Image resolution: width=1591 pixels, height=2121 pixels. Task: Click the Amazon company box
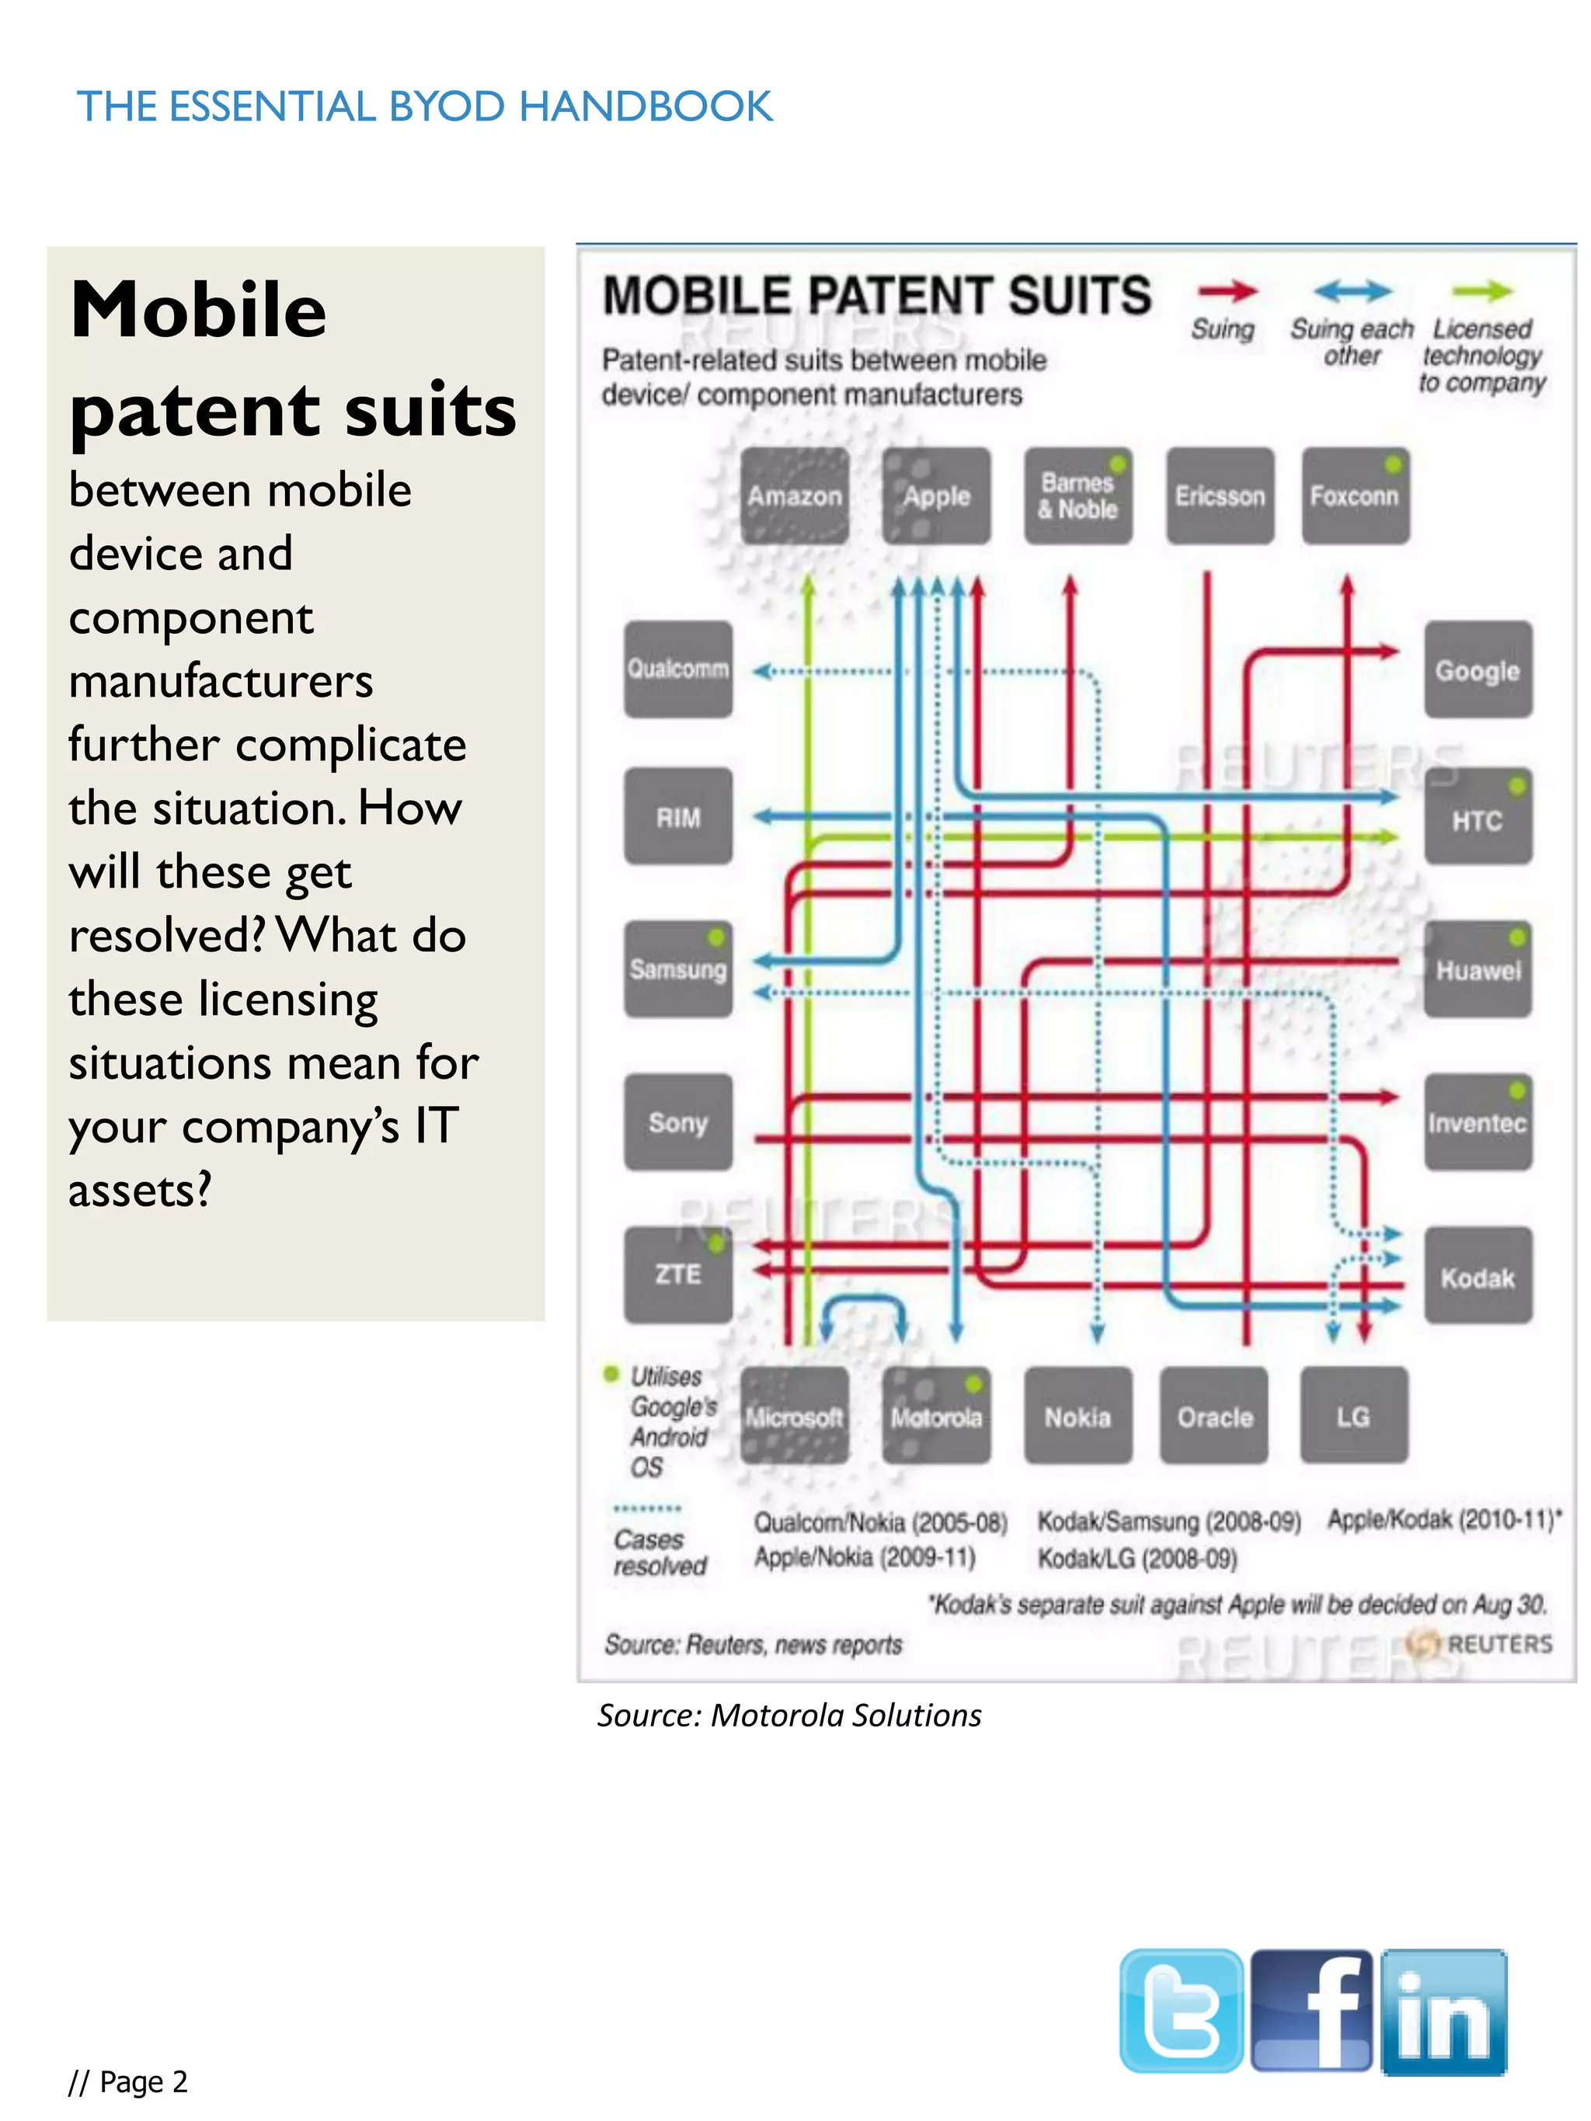[x=794, y=495]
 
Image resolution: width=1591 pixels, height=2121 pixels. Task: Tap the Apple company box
[x=936, y=495]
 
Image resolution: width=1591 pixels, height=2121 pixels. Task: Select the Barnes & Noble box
[x=1078, y=495]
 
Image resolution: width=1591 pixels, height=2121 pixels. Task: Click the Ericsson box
[x=1220, y=495]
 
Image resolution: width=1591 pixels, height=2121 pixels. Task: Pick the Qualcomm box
[x=678, y=669]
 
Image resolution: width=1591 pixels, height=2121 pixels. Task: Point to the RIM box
[x=678, y=817]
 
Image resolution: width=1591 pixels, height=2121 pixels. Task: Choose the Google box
[x=1477, y=669]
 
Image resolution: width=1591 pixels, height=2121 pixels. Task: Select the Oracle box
[x=1214, y=1417]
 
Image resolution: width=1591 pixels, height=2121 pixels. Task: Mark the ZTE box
[x=678, y=1274]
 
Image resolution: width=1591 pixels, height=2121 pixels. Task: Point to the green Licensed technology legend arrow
[x=1481, y=290]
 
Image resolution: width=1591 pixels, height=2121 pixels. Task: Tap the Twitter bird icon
[x=1182, y=2010]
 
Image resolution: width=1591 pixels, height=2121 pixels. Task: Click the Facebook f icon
[x=1312, y=2010]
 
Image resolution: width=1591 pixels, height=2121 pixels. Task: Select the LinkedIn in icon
[x=1443, y=2010]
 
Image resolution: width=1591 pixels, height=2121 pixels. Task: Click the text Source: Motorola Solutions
[x=789, y=1716]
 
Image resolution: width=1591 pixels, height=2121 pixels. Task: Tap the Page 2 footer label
[x=128, y=2081]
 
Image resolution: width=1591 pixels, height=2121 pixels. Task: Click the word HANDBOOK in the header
[x=646, y=106]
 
